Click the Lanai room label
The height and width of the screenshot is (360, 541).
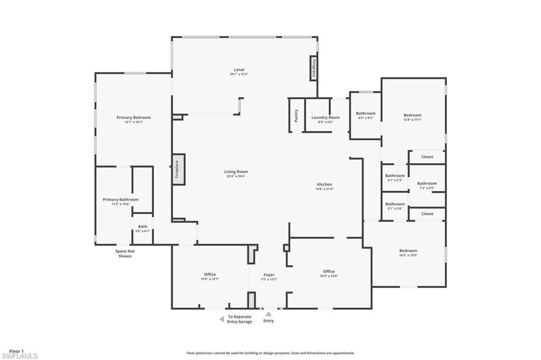[239, 70]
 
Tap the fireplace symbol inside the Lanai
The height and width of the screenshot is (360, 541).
[313, 69]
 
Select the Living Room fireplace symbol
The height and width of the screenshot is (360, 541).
[178, 169]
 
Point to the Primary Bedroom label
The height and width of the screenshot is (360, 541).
[134, 117]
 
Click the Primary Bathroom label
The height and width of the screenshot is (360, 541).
[120, 200]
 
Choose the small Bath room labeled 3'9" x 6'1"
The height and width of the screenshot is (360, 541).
[143, 228]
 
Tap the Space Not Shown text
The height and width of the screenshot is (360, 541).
[125, 253]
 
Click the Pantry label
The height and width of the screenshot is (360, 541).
[296, 115]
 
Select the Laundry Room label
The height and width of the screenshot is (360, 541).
[325, 117]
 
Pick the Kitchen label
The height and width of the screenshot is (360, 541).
[324, 184]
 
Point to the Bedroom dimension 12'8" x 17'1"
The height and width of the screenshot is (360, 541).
[413, 120]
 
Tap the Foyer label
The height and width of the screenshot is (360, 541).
[269, 274]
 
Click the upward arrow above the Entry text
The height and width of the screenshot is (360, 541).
[268, 314]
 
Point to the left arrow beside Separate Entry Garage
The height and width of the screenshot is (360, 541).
[222, 319]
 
